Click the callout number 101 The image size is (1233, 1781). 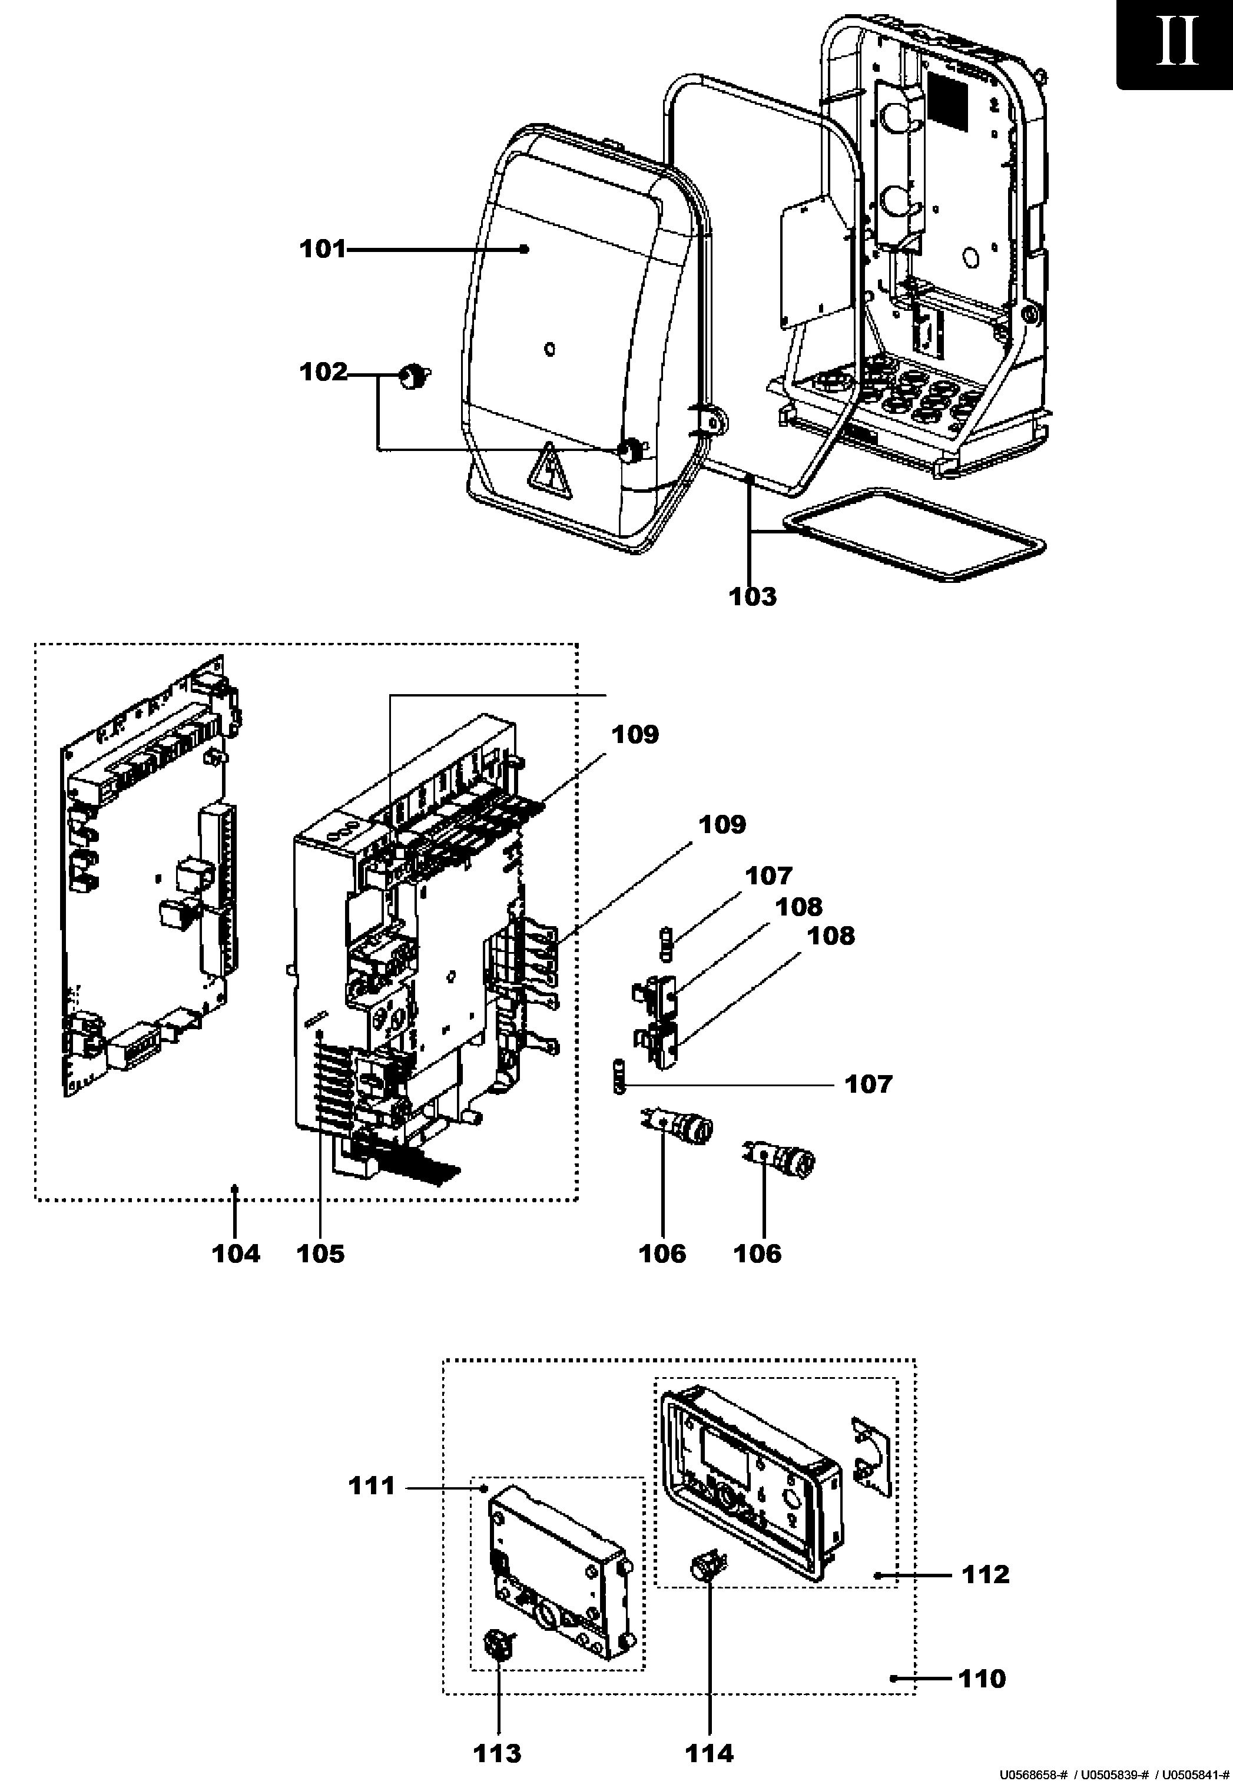click(x=323, y=250)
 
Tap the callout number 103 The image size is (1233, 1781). click(x=753, y=596)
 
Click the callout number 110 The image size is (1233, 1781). click(x=982, y=1679)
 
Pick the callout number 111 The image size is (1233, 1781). click(x=372, y=1485)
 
